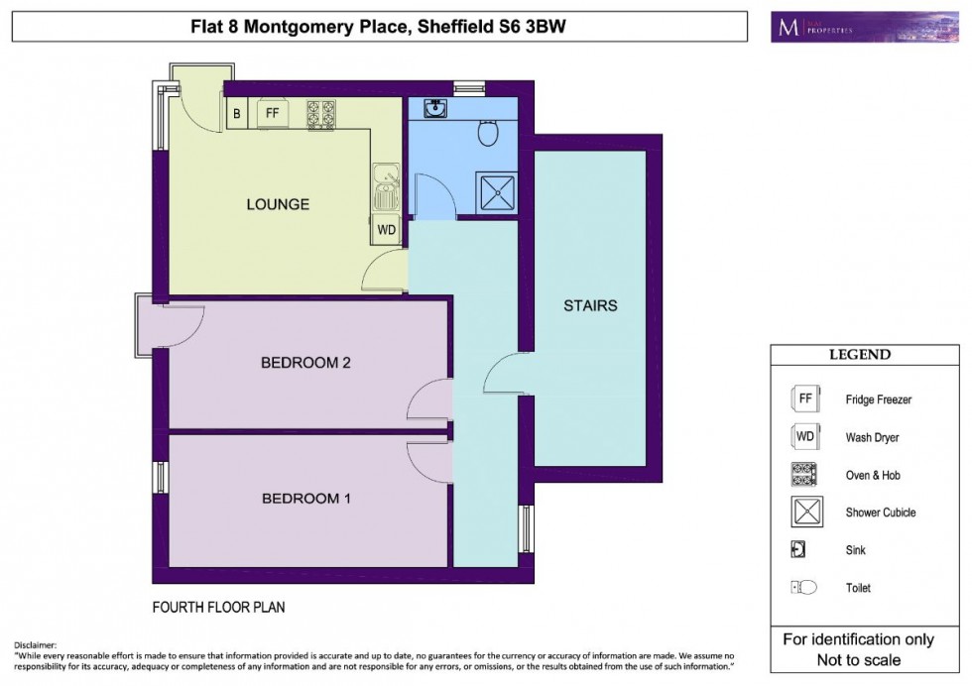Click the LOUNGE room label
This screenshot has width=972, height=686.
[278, 205]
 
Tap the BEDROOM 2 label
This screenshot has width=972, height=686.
[305, 363]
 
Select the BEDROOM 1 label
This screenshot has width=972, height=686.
[305, 499]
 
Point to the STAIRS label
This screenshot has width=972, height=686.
[590, 305]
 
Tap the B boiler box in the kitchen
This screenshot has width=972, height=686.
[236, 114]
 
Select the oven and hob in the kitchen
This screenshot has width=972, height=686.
[320, 115]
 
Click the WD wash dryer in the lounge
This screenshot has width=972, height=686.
[387, 230]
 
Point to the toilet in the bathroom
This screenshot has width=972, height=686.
[488, 132]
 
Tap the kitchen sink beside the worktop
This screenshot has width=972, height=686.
[385, 186]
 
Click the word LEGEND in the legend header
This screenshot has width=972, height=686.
[859, 355]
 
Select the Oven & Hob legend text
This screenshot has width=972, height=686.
[873, 476]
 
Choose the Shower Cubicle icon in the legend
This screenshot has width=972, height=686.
[804, 513]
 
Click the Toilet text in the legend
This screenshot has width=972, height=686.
[859, 588]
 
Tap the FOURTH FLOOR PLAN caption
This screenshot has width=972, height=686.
[218, 607]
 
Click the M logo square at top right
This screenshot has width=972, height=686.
[789, 28]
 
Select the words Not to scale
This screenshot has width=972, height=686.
[859, 660]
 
